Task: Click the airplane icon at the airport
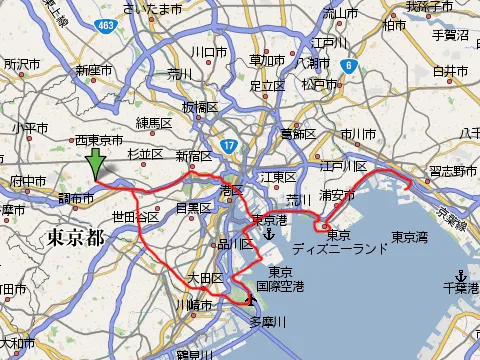coord(248,297)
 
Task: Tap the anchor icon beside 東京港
coord(269,234)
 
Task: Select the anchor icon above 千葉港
coord(459,275)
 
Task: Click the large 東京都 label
coord(75,238)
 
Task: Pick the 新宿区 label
coord(195,156)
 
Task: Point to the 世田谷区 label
coord(135,217)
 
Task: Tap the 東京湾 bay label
coord(410,237)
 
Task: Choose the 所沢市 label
coord(19,63)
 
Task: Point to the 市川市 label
coord(358,134)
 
